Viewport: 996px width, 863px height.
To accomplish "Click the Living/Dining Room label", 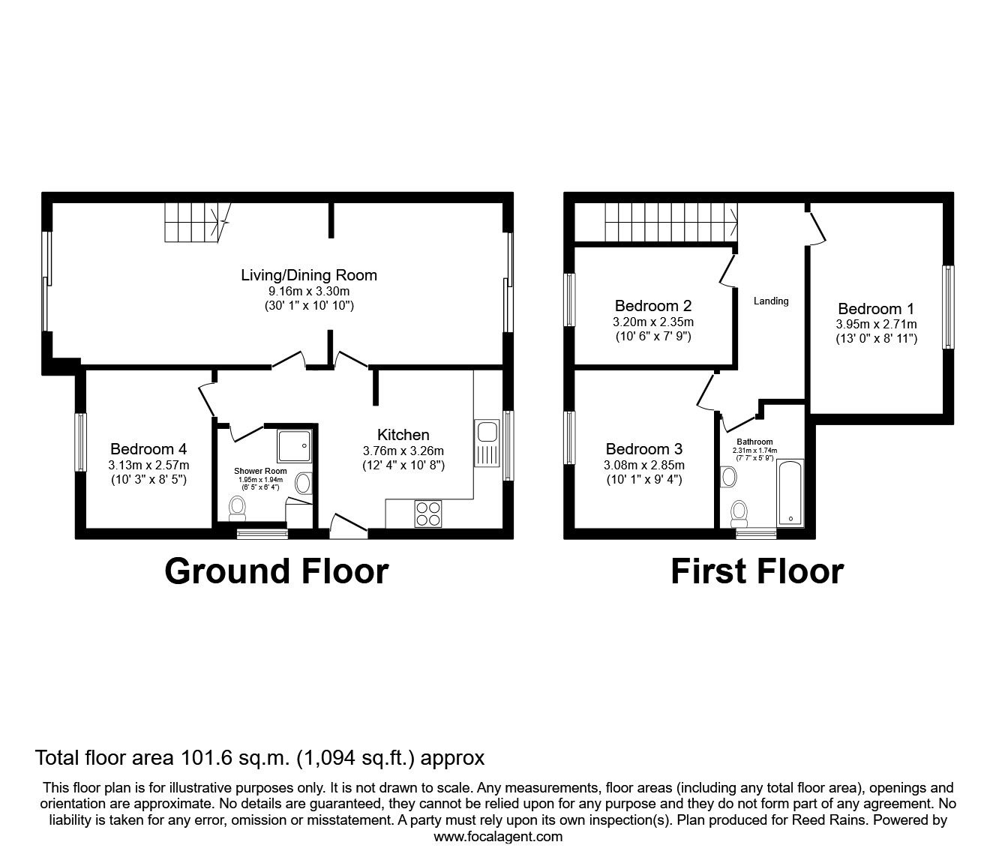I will tap(308, 275).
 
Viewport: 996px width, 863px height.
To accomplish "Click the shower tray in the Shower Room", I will tap(295, 446).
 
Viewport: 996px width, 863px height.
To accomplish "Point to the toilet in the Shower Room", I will tap(238, 508).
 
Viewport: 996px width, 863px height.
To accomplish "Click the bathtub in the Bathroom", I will tap(790, 494).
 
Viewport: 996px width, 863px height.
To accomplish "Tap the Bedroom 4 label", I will tap(148, 449).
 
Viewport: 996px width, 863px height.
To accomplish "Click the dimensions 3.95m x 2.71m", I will tap(876, 325).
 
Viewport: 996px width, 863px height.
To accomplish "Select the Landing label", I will tap(771, 301).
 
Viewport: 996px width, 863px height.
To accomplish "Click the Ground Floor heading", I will tap(276, 571).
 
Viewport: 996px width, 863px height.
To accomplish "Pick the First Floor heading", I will tap(756, 571).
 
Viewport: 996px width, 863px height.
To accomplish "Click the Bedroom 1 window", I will tap(949, 307).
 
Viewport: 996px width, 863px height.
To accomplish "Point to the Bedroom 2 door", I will tap(726, 270).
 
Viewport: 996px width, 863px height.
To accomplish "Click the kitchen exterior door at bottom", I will tap(348, 525).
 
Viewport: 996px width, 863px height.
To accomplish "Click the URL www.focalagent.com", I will tap(498, 837).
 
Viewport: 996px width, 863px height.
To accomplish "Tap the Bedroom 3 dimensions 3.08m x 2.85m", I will tap(643, 465).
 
